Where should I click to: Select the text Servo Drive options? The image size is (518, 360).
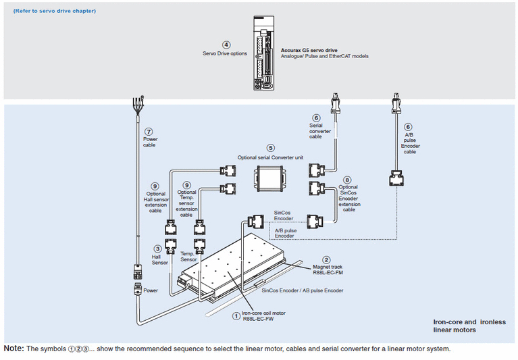click(x=225, y=53)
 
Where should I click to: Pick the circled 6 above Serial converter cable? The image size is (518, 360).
click(x=316, y=118)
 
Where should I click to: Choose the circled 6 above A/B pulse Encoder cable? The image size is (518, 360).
click(x=408, y=126)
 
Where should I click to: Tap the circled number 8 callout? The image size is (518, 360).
click(x=347, y=180)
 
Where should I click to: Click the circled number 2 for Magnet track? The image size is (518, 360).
click(x=326, y=259)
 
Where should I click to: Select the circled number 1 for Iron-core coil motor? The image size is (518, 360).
click(x=236, y=315)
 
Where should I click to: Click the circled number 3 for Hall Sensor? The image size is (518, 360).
click(x=157, y=248)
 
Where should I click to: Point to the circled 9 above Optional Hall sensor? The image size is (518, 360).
click(x=155, y=186)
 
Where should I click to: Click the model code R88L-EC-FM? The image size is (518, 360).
click(x=329, y=274)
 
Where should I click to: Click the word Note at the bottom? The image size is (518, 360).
click(x=13, y=349)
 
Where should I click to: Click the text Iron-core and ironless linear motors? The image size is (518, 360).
click(x=469, y=326)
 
